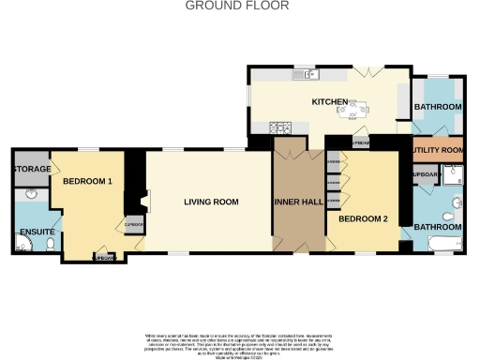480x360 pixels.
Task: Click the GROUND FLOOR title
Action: click(237, 6)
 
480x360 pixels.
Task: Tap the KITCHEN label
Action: click(331, 101)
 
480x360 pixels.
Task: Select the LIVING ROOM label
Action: click(210, 202)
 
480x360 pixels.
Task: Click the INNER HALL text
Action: click(298, 202)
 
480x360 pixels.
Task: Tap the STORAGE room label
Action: click(30, 169)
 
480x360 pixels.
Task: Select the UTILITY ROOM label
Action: click(437, 150)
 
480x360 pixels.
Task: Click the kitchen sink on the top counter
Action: click(307, 74)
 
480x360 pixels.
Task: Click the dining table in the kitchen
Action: click(353, 111)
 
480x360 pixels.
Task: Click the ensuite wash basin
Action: click(31, 194)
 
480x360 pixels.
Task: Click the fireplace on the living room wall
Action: click(141, 201)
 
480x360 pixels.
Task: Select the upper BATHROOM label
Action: click(438, 108)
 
